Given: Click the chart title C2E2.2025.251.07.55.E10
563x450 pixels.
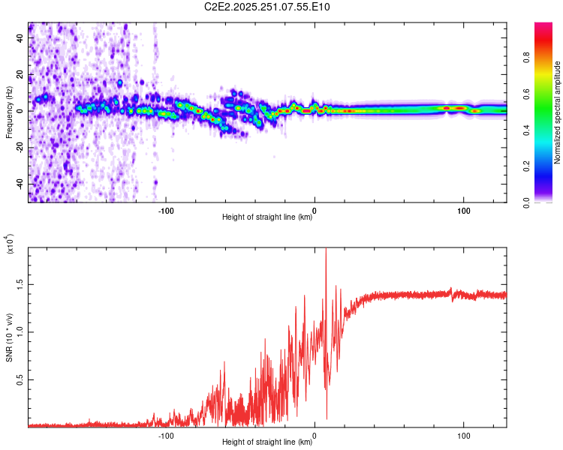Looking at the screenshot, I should click(267, 7).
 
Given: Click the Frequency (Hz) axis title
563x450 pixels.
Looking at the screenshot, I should click(9, 112).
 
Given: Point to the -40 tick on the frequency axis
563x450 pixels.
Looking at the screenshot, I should click(20, 184).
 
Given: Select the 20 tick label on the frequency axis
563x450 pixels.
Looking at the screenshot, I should click(20, 74).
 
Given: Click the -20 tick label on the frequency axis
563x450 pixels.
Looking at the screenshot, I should click(20, 147).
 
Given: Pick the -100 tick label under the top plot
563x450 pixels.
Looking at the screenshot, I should click(166, 211).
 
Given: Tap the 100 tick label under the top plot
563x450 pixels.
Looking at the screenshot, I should click(464, 211).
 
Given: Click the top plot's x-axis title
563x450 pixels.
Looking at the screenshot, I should click(267, 217).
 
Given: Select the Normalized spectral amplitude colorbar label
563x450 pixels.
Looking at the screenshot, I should click(558, 112).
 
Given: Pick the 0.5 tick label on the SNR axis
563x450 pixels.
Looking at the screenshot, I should click(20, 380).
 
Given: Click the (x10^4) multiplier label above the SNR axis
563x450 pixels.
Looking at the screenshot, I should click(11, 244).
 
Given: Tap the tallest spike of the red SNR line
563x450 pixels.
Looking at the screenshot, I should click(326, 250).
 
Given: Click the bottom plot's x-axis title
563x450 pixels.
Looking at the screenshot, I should click(267, 442).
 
